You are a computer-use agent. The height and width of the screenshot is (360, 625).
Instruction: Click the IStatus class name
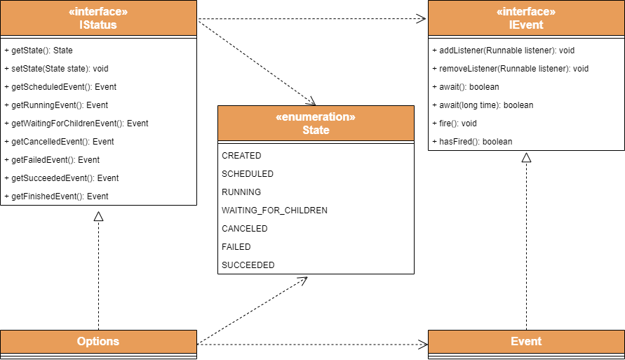click(x=98, y=25)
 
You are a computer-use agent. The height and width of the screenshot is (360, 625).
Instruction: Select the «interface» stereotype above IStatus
click(x=98, y=12)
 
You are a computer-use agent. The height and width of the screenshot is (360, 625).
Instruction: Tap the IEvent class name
click(x=526, y=25)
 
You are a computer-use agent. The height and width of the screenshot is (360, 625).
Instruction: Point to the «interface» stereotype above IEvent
click(x=526, y=12)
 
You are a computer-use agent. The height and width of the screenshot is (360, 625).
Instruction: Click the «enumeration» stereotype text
click(x=316, y=117)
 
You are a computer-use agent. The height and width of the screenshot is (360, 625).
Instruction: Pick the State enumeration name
click(x=316, y=130)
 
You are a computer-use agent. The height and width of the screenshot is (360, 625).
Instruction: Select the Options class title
click(x=98, y=341)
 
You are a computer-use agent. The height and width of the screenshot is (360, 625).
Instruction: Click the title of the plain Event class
click(x=526, y=341)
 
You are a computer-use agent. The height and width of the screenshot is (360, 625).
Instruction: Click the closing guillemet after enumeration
click(x=352, y=117)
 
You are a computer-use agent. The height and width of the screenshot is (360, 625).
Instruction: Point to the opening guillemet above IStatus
click(x=72, y=12)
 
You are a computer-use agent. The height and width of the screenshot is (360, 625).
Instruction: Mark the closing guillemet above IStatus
click(x=125, y=12)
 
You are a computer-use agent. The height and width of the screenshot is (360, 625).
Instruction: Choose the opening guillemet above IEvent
click(x=499, y=12)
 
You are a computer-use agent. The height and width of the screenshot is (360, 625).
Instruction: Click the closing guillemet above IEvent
click(x=553, y=12)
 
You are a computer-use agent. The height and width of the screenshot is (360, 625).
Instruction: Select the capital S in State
click(x=306, y=130)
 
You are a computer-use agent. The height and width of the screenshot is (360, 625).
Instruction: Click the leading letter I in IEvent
click(x=511, y=25)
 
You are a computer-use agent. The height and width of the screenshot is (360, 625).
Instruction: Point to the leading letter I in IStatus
click(x=81, y=25)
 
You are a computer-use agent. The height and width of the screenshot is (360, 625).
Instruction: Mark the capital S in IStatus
click(x=87, y=25)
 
